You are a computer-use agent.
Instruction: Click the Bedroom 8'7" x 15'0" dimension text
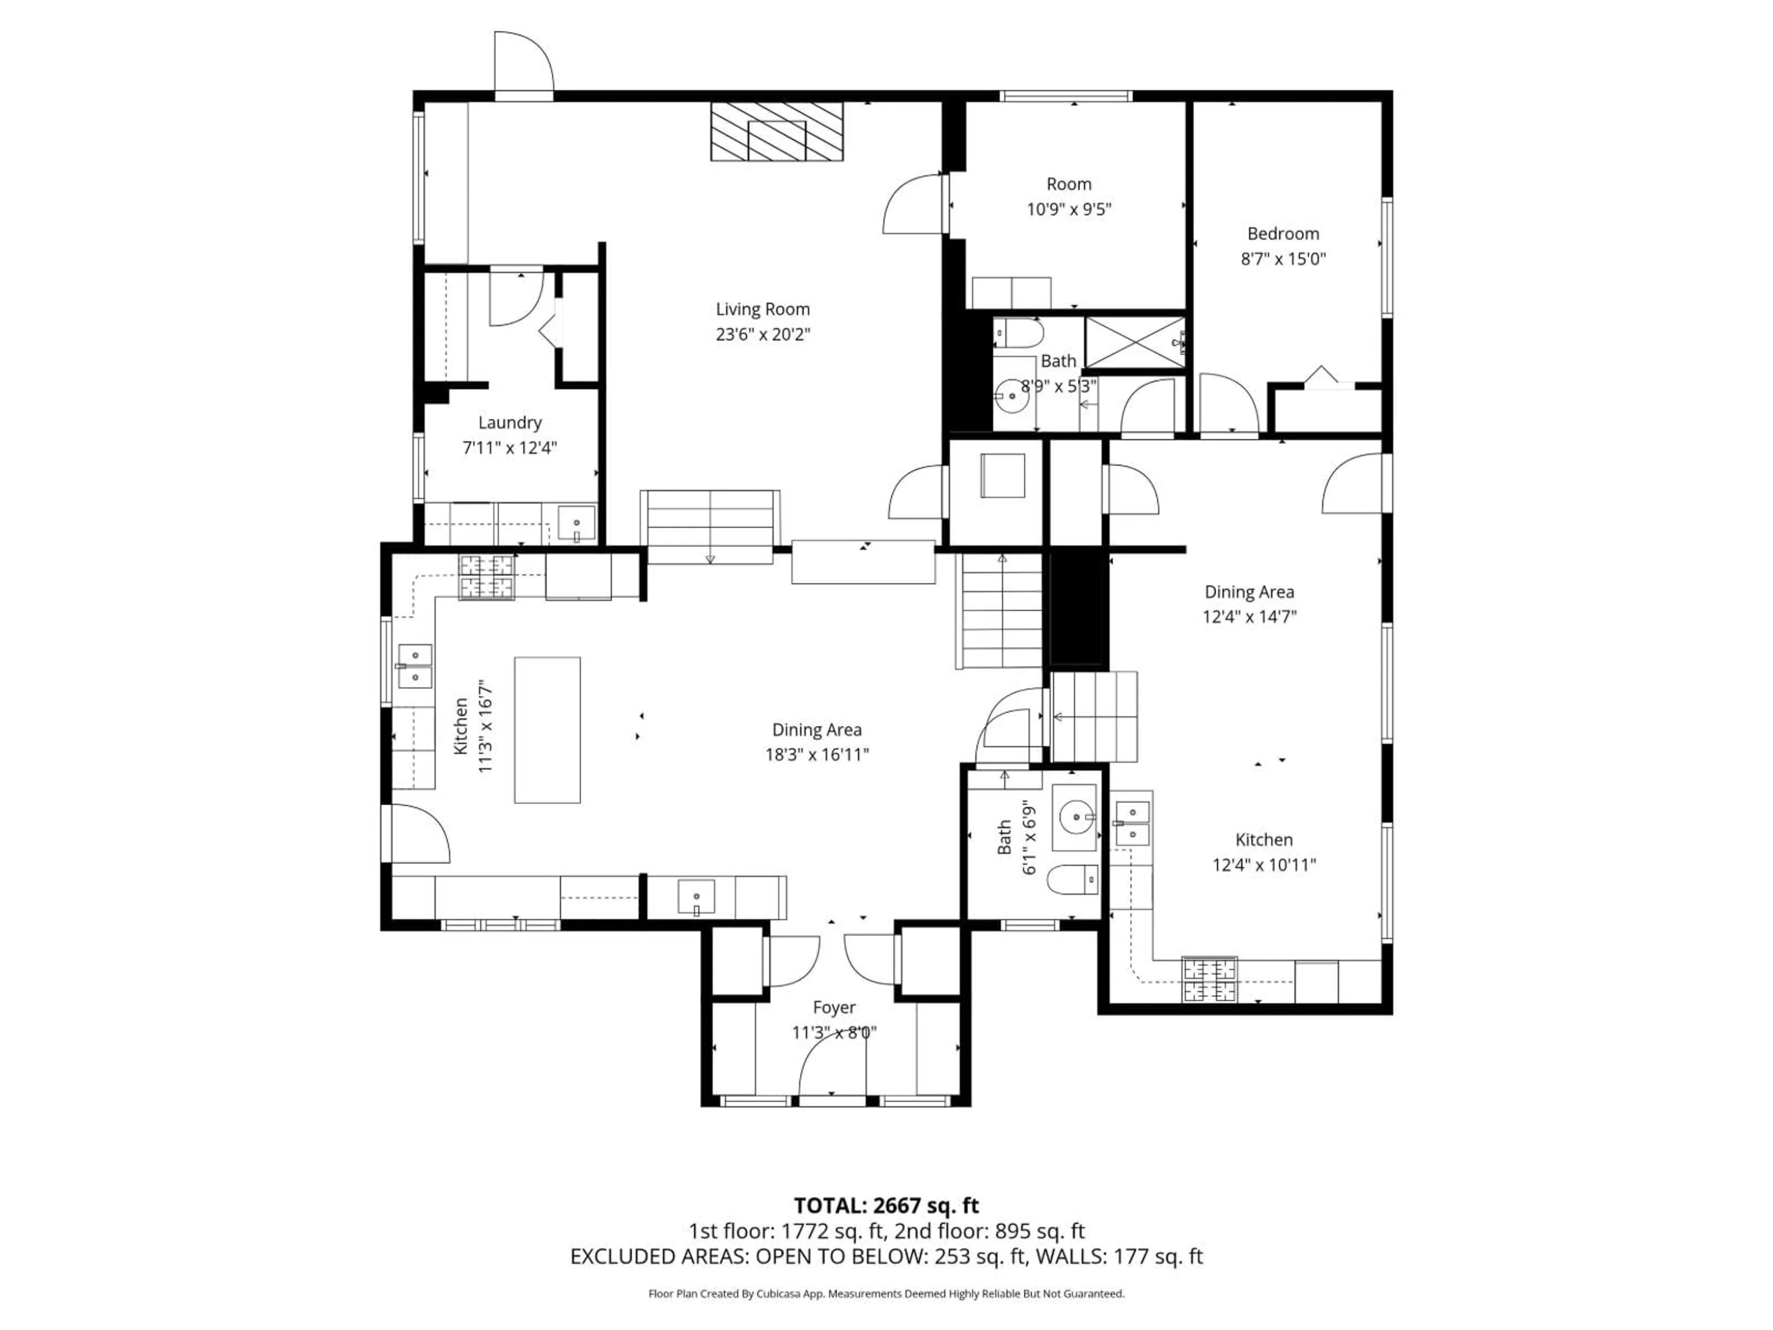coord(1283,259)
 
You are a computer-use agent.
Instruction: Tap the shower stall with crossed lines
coord(1134,342)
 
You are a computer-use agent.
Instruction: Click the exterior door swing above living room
coord(523,64)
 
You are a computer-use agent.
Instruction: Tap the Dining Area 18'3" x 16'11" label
coord(817,742)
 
